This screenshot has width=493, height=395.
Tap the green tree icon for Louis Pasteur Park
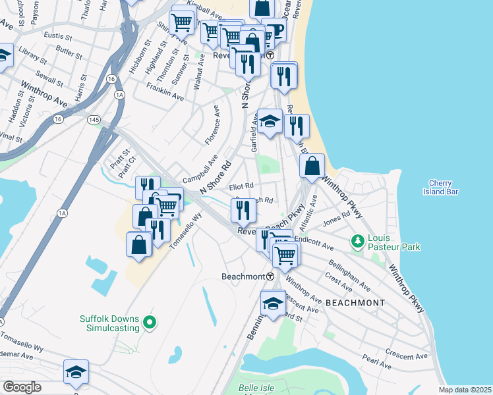tap(358, 242)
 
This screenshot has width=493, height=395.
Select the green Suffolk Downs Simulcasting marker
tap(150, 322)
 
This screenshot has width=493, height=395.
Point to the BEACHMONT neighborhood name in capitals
tap(355, 303)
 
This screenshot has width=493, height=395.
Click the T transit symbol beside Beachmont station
tap(270, 276)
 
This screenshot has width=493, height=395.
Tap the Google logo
tap(22, 387)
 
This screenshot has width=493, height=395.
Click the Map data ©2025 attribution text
tap(465, 390)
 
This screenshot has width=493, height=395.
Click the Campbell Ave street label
tap(200, 169)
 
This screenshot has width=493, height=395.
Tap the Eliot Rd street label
tap(241, 186)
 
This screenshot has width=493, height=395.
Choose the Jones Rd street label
tap(336, 218)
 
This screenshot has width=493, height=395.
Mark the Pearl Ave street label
tap(377, 361)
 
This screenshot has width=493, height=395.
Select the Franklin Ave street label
tap(164, 92)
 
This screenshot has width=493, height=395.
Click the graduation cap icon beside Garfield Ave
tap(270, 121)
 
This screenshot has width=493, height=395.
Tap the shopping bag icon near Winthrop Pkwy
tap(312, 165)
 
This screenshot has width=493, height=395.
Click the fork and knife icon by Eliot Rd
tap(243, 210)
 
